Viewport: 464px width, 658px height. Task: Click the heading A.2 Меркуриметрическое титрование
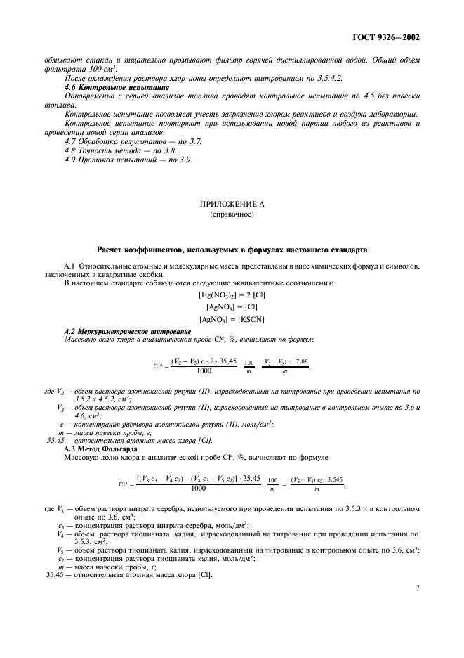pyautogui.click(x=127, y=331)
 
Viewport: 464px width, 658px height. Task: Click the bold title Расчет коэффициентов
pyautogui.click(x=231, y=251)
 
